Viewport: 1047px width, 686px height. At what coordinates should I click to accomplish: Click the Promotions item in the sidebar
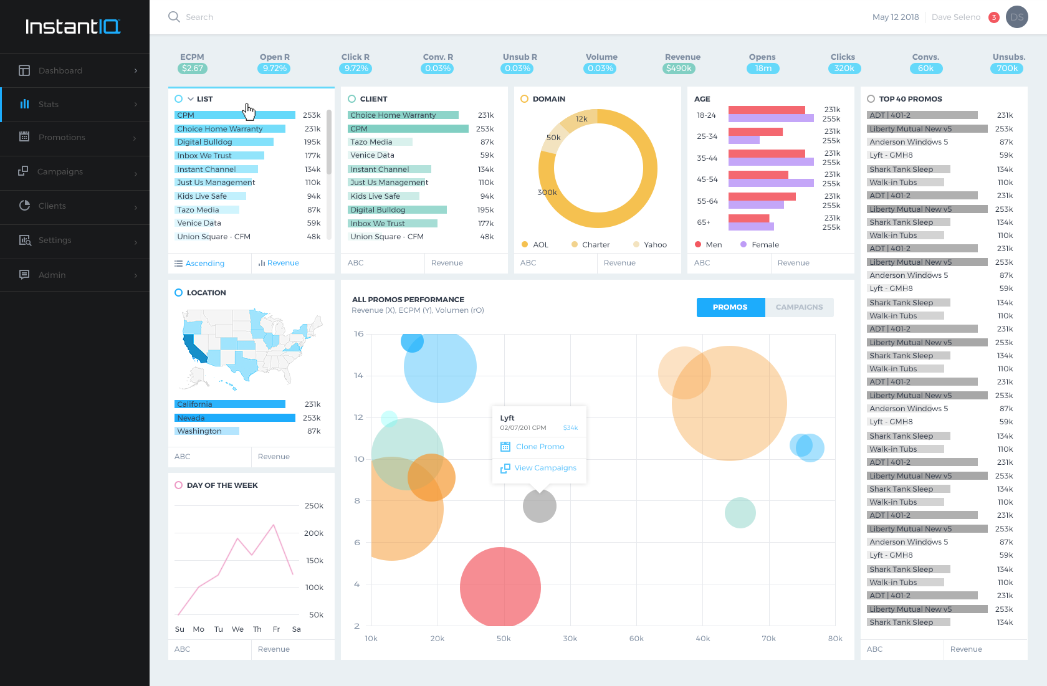(x=62, y=138)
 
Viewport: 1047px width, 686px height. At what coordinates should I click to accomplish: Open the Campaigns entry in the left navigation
(x=60, y=172)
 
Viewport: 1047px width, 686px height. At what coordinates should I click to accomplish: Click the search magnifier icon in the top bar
(x=174, y=17)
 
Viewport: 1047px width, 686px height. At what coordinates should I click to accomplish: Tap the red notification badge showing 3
(x=994, y=17)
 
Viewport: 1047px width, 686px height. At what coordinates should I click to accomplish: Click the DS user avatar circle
(x=1017, y=17)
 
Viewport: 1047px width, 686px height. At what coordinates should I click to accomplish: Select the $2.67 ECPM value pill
(x=193, y=69)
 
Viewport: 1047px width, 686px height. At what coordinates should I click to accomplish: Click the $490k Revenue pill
(x=679, y=69)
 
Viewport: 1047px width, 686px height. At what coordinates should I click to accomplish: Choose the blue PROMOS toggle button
(x=730, y=307)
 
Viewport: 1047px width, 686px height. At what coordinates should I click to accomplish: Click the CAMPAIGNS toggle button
(x=799, y=307)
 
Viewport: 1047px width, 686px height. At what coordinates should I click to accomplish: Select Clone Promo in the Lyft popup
(x=540, y=447)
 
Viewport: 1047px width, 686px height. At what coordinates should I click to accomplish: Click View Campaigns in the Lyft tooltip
(x=545, y=468)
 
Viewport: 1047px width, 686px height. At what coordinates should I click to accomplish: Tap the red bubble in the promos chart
(x=500, y=587)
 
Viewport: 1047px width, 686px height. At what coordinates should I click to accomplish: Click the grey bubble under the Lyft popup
(x=540, y=506)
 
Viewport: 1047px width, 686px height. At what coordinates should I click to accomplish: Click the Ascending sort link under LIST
(x=204, y=264)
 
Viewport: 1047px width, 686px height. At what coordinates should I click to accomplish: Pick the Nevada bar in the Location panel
(x=235, y=418)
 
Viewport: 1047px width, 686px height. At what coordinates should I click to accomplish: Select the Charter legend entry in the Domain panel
(x=595, y=245)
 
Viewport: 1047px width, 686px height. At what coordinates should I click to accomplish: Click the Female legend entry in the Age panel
(x=765, y=245)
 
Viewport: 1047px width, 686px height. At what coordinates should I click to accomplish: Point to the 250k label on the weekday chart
(x=314, y=506)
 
